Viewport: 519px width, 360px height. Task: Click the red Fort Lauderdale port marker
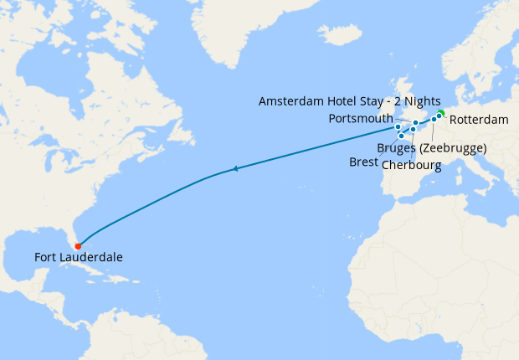(78, 246)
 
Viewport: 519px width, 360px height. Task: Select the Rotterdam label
(479, 121)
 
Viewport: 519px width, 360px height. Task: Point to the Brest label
(363, 162)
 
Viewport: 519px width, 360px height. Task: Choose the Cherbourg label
(411, 164)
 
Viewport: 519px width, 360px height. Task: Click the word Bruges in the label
(397, 148)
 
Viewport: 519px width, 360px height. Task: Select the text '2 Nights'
(417, 100)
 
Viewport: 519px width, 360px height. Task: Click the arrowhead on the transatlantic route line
(238, 169)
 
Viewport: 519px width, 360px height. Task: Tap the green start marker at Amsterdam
(441, 113)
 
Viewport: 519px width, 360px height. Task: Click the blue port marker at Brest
(402, 136)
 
